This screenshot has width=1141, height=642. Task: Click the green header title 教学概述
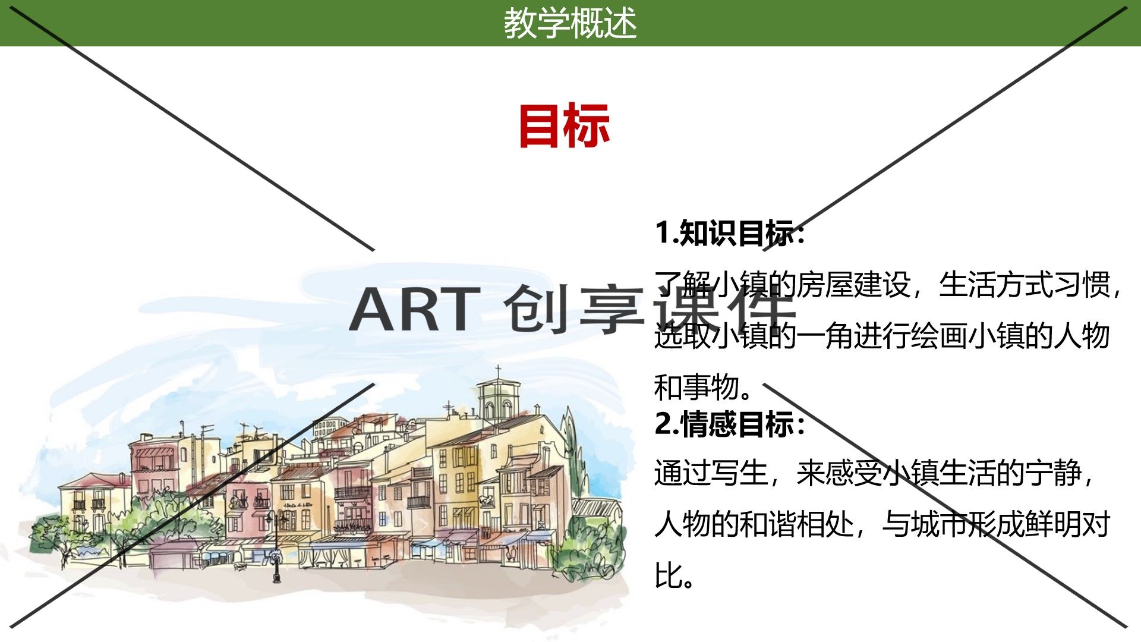(x=570, y=23)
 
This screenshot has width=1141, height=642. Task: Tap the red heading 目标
(x=564, y=125)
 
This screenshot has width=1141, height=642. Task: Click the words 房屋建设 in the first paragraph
(x=853, y=285)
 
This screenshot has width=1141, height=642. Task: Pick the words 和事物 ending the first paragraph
(x=696, y=388)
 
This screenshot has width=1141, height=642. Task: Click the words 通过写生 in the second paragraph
(x=711, y=473)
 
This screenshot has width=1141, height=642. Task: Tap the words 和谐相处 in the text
(x=796, y=524)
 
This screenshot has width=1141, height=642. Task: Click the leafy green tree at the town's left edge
(x=56, y=538)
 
